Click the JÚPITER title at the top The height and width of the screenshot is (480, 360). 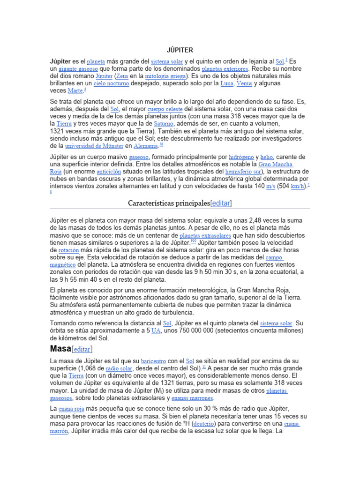coord(180,50)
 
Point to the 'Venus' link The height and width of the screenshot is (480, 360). coord(244,83)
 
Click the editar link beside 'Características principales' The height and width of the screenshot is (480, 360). coord(221,203)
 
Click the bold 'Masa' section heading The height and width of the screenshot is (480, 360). coord(60,349)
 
